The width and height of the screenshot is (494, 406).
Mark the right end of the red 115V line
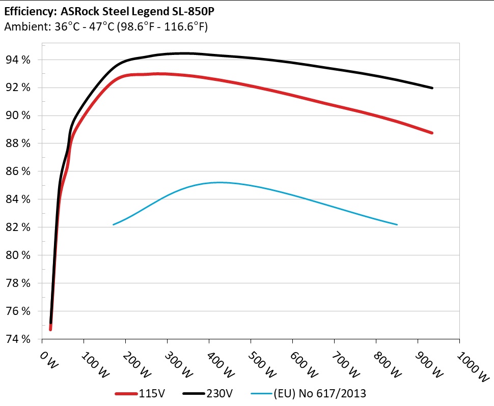(432, 133)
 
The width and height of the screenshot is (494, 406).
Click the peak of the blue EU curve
(219, 182)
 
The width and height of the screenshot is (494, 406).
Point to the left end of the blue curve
(113, 224)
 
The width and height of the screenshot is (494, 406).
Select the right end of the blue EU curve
(397, 224)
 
